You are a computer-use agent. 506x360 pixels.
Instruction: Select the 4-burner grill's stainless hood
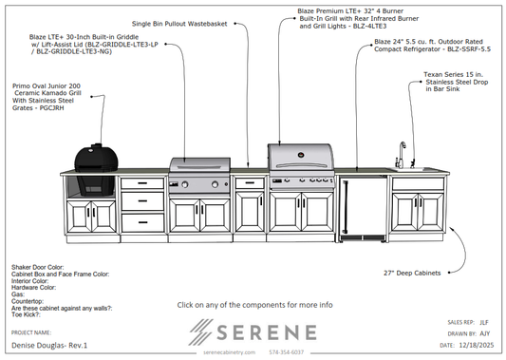tap(299, 157)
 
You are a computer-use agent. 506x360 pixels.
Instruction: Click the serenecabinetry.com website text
tap(231, 351)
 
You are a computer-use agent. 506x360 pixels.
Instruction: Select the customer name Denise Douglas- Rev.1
tap(45, 347)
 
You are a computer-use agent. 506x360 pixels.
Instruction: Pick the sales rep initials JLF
tap(484, 323)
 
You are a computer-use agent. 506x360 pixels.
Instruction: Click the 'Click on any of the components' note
tap(254, 305)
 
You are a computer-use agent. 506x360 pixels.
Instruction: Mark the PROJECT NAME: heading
tap(30, 332)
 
